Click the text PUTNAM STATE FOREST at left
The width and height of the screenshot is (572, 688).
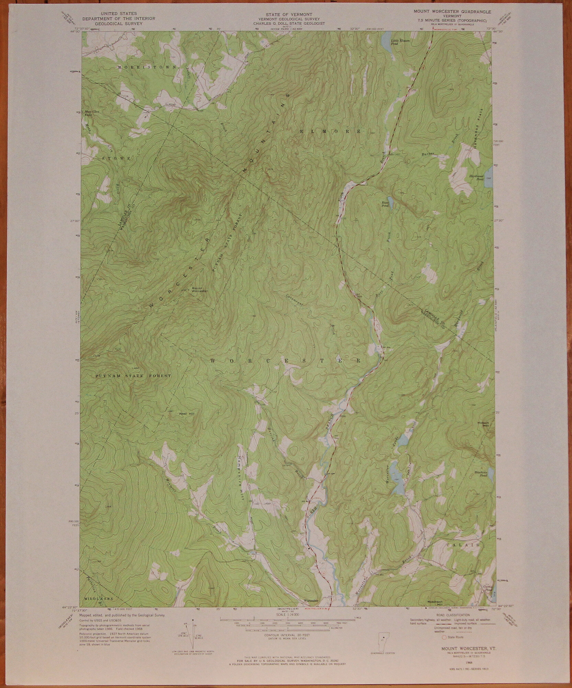tap(133, 376)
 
